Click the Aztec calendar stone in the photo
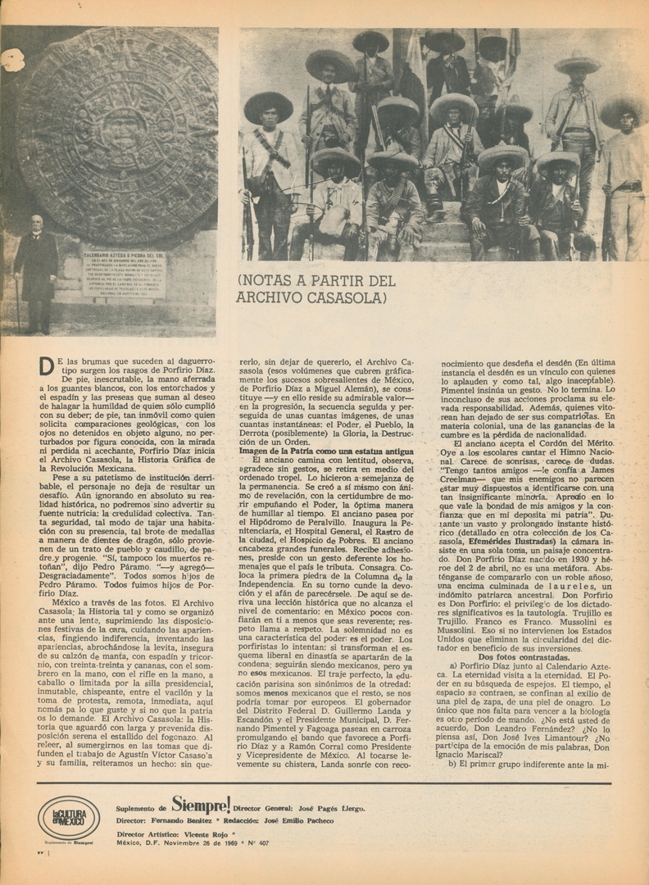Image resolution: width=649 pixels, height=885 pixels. click(119, 135)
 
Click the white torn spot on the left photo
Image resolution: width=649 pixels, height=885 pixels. click(12, 60)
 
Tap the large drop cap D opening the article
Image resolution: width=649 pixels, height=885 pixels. click(47, 366)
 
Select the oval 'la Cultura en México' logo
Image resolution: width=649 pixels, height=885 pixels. click(69, 817)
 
